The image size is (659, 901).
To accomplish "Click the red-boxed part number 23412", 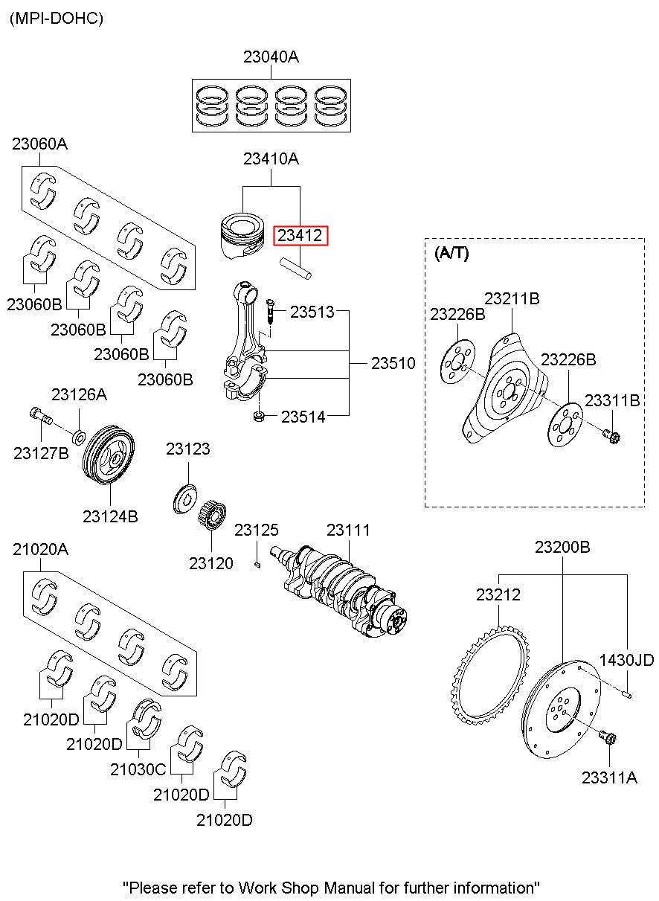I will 300,236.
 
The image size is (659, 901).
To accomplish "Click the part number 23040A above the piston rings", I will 271,57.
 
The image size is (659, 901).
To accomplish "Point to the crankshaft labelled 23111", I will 342,588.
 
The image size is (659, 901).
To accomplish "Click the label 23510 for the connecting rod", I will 393,363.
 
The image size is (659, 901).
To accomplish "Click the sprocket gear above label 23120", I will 214,516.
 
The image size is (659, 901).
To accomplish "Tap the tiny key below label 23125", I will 257,564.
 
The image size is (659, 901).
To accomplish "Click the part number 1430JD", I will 626,660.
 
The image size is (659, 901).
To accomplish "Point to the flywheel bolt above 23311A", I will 606,739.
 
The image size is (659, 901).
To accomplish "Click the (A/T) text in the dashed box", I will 451,253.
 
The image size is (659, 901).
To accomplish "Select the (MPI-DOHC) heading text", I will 56,19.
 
